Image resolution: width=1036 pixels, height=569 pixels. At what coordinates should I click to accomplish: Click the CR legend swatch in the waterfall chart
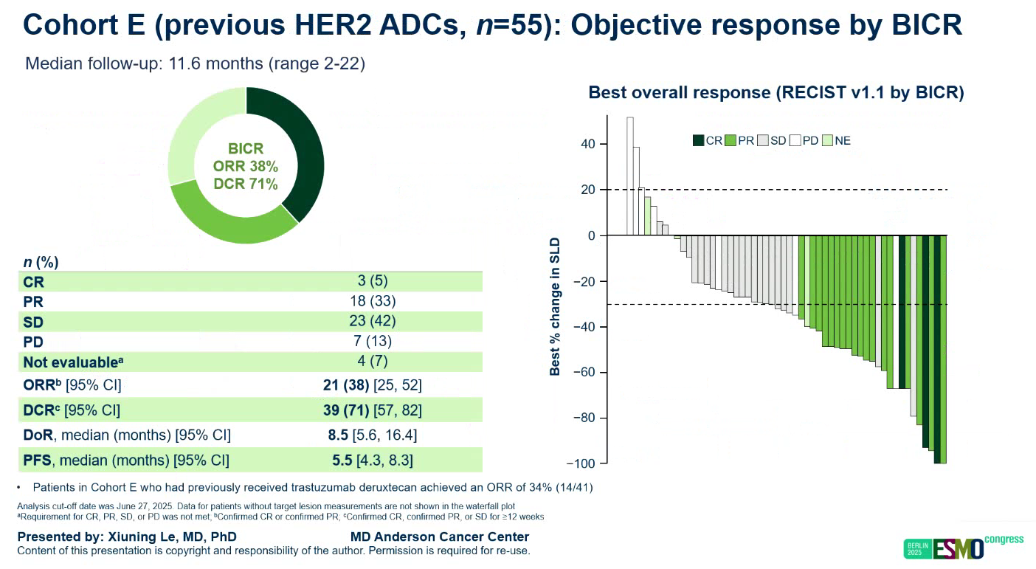698,140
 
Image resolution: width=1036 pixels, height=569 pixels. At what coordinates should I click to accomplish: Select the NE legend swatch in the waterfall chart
826,140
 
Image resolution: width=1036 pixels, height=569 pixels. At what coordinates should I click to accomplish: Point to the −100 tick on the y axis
580,463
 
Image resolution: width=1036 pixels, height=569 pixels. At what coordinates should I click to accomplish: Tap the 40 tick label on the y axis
588,144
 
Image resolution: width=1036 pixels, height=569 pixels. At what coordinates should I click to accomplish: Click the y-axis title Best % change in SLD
556,306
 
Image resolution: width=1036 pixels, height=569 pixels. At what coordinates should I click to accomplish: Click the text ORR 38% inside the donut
246,167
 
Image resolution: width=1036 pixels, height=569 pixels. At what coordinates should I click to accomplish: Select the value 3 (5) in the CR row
372,280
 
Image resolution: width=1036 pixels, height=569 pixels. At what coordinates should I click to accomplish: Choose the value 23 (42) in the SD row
372,321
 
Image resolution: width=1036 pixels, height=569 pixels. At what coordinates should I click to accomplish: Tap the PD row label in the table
33,342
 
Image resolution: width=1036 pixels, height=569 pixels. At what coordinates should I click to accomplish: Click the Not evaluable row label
71,362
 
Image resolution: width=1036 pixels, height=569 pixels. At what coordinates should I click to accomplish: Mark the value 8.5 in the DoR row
338,435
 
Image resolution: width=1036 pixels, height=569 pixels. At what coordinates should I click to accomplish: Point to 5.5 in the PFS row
342,461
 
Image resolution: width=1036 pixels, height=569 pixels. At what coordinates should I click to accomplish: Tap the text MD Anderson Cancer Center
440,537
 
